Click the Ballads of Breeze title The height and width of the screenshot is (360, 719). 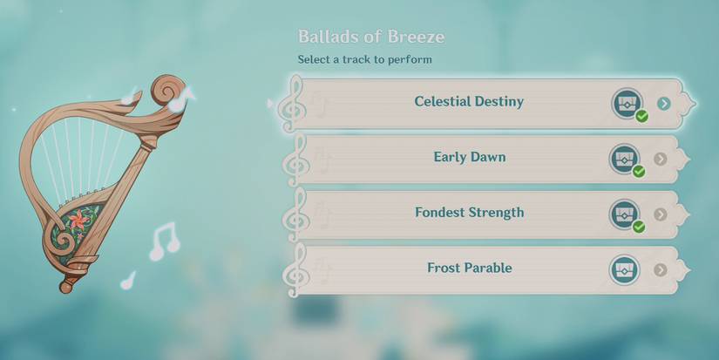[371, 37]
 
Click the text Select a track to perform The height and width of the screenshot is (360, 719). [364, 59]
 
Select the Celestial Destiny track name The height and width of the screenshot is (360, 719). [469, 101]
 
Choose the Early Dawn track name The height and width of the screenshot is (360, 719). [469, 158]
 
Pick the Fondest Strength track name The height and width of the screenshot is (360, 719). [469, 213]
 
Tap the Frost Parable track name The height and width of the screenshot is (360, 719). [469, 268]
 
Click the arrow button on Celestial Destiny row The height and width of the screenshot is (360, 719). [664, 103]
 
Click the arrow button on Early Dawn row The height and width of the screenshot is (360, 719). [661, 159]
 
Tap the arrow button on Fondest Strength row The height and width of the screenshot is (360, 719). [661, 214]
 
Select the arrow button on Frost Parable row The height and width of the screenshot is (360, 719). [661, 269]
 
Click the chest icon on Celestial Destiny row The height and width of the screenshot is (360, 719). [625, 102]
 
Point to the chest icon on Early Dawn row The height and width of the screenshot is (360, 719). [623, 158]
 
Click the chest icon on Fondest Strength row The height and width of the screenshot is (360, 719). [623, 214]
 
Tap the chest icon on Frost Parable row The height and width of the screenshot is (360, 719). [623, 268]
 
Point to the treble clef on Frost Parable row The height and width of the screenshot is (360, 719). [294, 269]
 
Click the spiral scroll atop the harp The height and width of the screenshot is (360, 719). [167, 91]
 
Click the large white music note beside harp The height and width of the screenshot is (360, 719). [162, 240]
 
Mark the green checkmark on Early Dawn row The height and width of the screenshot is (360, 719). [639, 171]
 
